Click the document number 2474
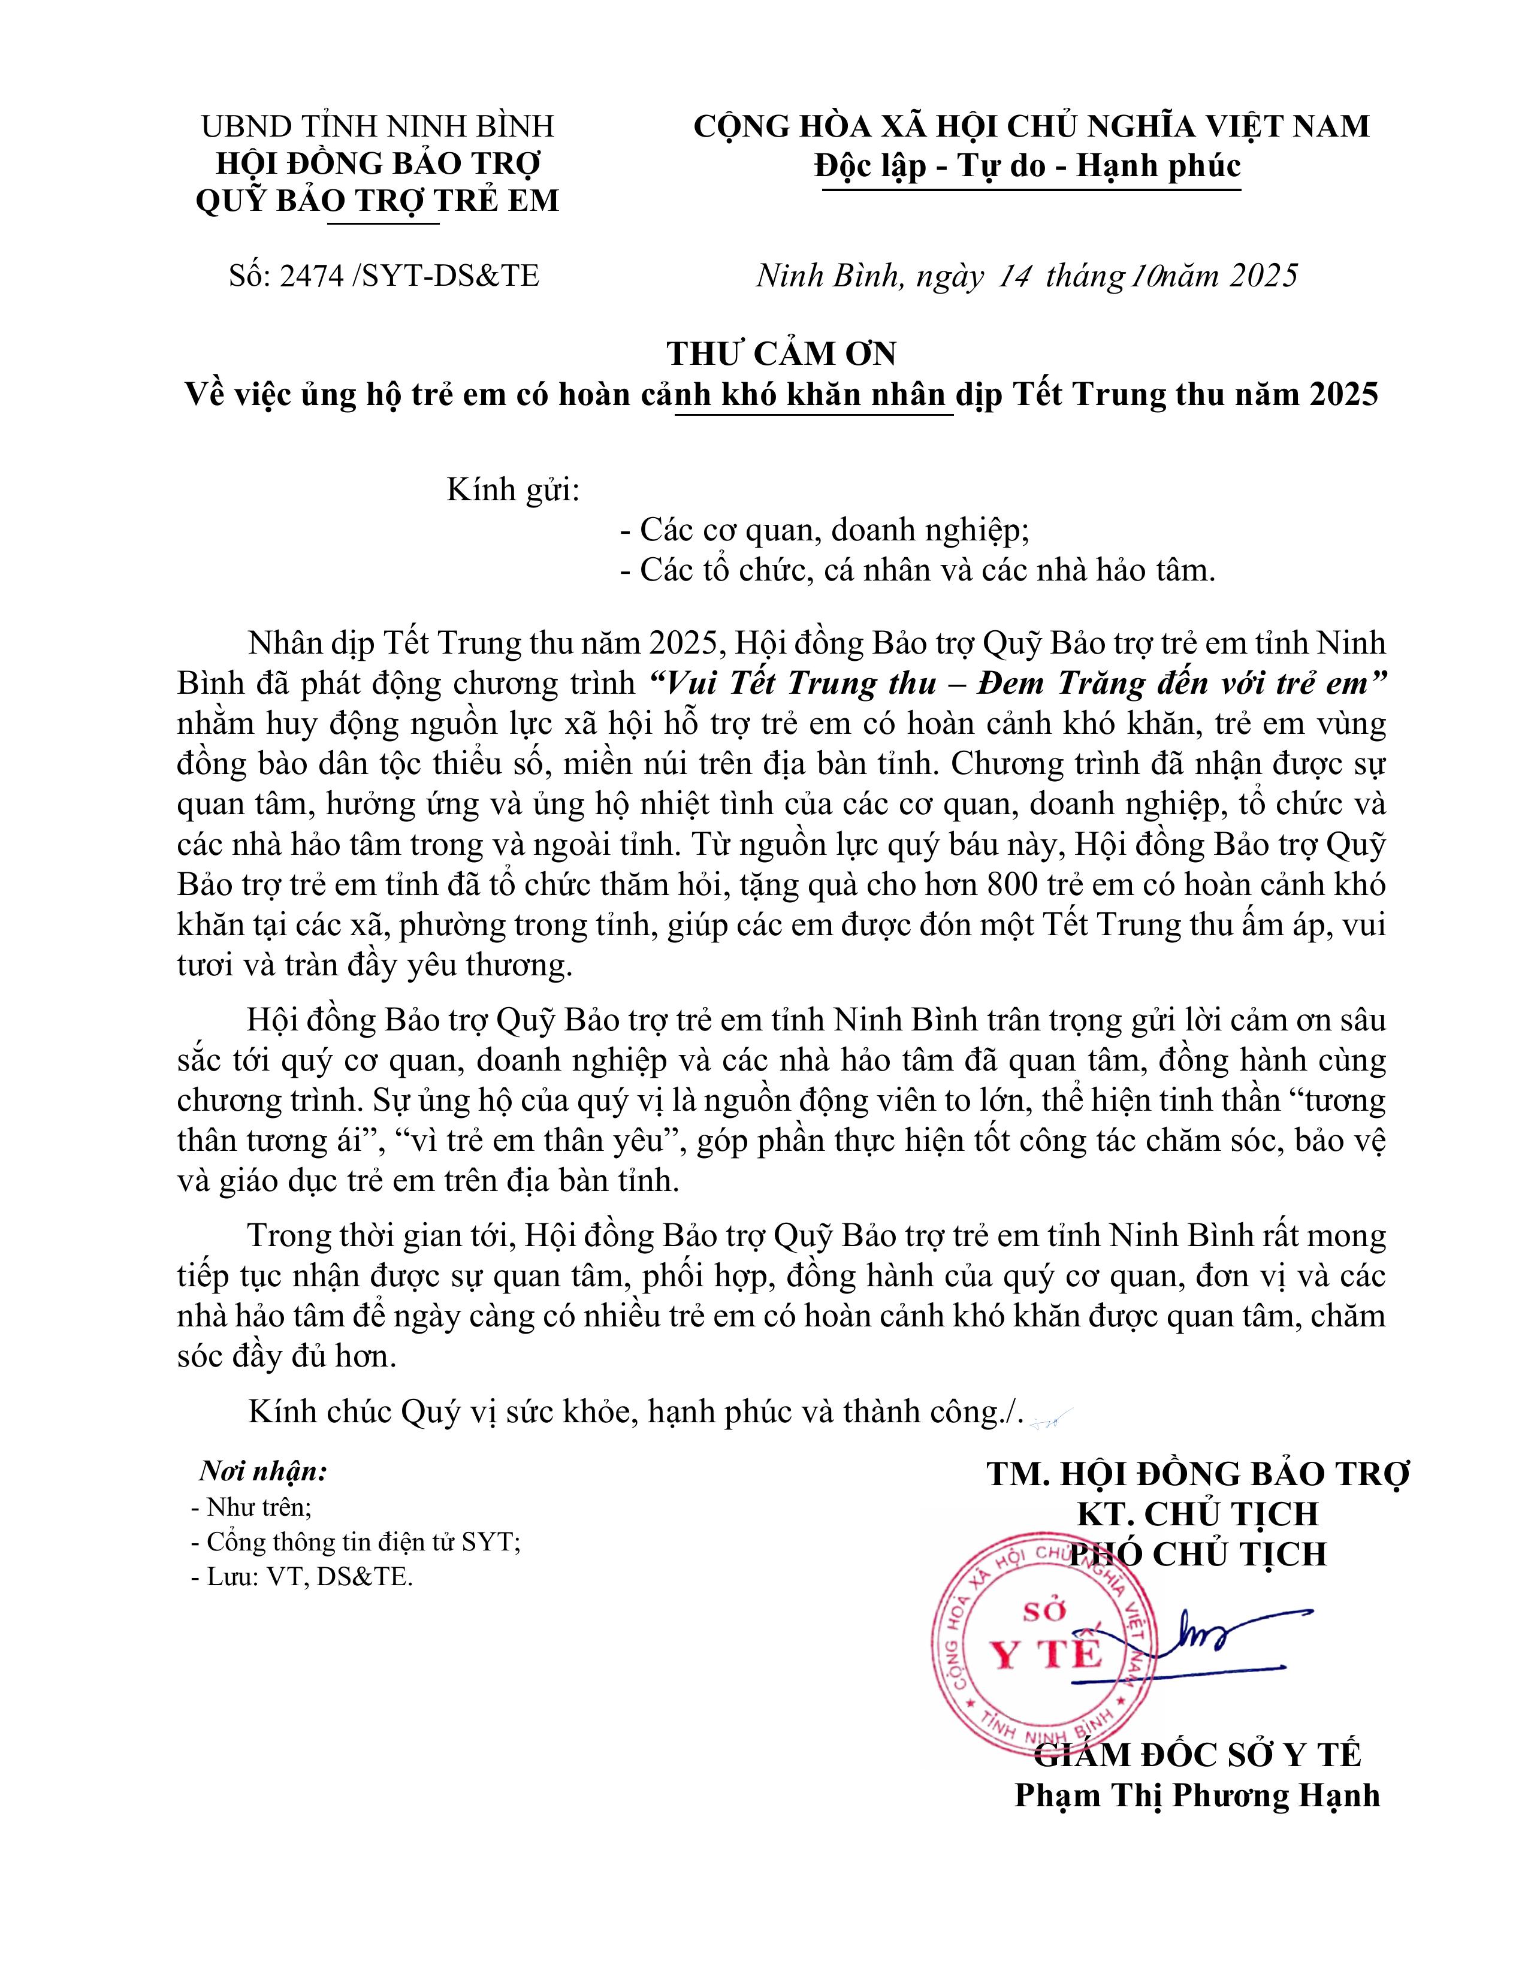312,275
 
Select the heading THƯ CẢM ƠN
781,353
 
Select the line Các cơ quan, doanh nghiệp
834,530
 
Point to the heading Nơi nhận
262,1472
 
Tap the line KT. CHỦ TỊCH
1197,1513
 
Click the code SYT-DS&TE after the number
450,275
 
